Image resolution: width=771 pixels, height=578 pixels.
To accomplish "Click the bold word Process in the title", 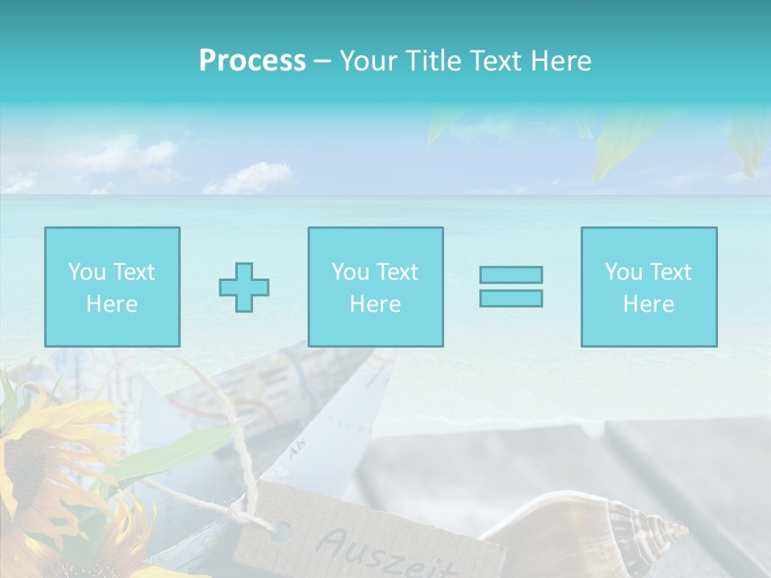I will [252, 61].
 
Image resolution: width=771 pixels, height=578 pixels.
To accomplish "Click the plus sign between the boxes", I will [244, 287].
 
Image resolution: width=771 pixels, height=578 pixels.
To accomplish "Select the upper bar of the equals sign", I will [511, 275].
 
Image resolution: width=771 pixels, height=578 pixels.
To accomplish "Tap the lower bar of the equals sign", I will [511, 298].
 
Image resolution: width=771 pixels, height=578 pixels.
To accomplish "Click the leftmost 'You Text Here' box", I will [112, 287].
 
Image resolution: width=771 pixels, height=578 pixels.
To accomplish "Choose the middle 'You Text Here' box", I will [375, 287].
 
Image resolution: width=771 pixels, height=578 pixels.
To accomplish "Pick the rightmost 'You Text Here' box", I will [648, 287].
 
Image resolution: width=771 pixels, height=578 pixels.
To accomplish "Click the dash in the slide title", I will [323, 61].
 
